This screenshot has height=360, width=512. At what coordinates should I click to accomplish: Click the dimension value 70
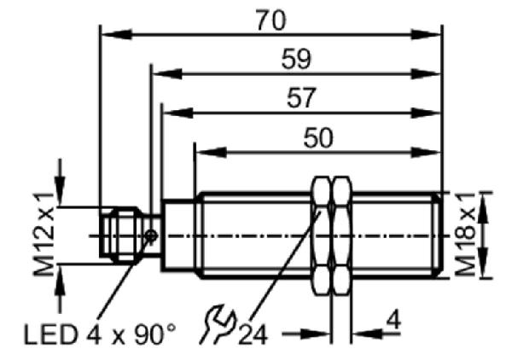[x=271, y=20]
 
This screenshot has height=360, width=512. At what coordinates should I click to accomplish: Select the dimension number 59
[x=296, y=59]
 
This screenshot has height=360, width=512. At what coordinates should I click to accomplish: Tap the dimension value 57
[x=301, y=97]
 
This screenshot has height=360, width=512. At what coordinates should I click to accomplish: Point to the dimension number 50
[x=318, y=137]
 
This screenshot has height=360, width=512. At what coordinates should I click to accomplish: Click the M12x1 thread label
[x=44, y=235]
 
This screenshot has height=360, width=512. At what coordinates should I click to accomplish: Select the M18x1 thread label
[x=466, y=235]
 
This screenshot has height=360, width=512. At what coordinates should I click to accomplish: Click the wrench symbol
[x=218, y=324]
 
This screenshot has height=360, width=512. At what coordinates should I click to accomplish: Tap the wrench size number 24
[x=253, y=334]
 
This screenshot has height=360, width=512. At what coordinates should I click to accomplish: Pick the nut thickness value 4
[x=393, y=320]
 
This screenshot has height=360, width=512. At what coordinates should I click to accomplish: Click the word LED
[x=50, y=334]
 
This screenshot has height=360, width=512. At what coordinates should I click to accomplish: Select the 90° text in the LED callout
[x=155, y=334]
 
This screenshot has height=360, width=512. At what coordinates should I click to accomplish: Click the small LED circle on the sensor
[x=151, y=235]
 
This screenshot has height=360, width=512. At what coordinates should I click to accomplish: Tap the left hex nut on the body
[x=322, y=235]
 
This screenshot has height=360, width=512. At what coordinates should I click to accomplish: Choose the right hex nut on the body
[x=341, y=235]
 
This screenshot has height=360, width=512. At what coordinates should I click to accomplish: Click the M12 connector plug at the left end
[x=121, y=235]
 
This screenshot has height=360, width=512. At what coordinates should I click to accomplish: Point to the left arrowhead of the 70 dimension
[x=117, y=34]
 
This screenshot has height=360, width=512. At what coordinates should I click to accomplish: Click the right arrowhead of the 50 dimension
[x=425, y=153]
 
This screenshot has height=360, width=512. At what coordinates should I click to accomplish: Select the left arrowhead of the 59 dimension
[x=167, y=74]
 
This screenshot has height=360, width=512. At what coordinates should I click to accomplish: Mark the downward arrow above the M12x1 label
[x=60, y=183]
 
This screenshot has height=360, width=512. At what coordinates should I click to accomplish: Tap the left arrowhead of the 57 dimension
[x=177, y=113]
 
